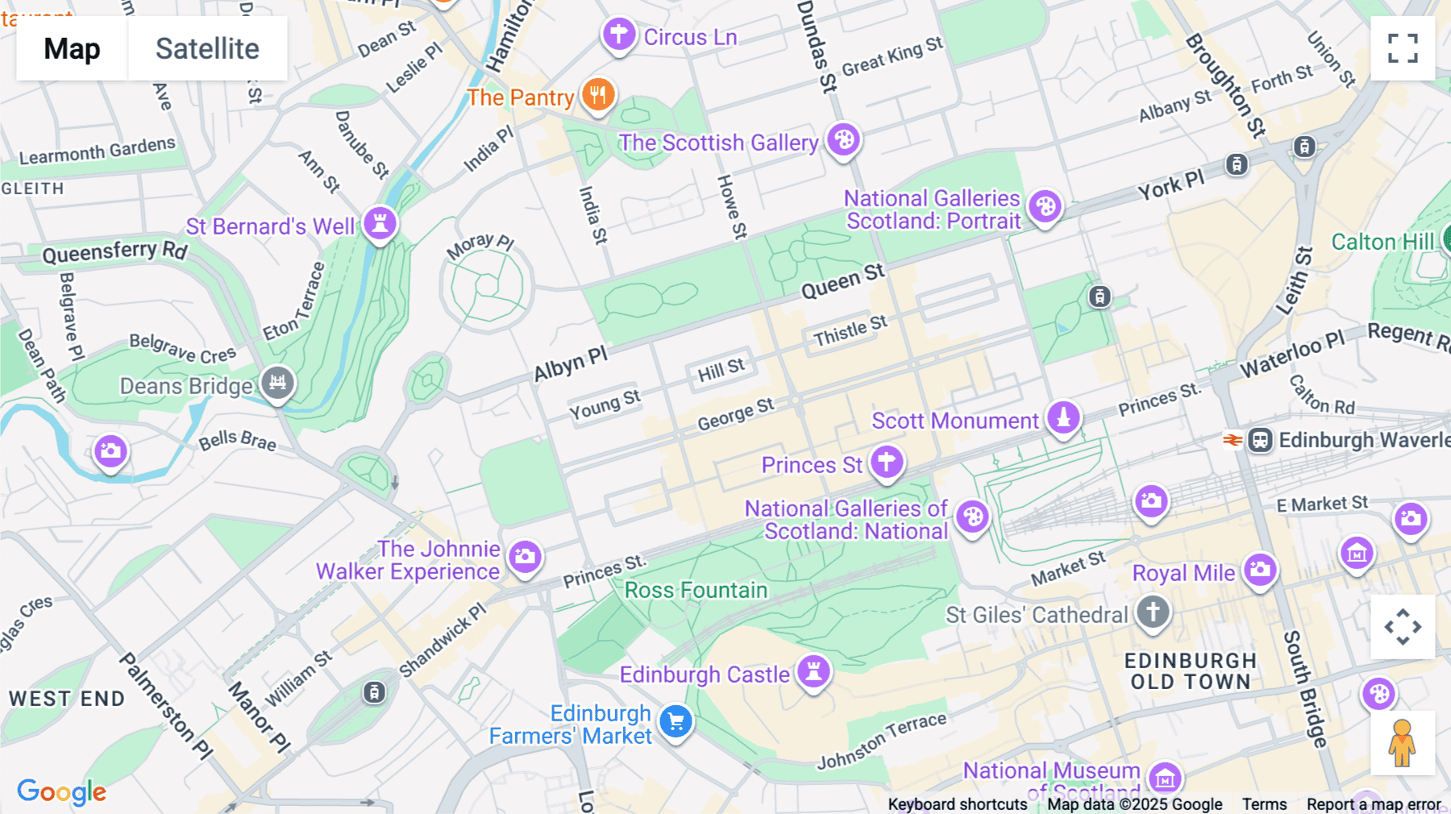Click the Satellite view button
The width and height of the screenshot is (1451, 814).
(207, 48)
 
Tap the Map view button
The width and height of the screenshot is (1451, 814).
(72, 48)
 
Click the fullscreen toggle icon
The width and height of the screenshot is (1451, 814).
(1403, 48)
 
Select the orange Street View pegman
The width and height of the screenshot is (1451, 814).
(1402, 743)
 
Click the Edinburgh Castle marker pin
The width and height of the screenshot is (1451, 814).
(813, 671)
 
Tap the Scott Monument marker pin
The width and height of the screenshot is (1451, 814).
(1063, 417)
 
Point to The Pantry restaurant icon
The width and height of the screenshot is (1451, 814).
(597, 95)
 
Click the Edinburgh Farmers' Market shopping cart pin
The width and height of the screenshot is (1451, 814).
(676, 721)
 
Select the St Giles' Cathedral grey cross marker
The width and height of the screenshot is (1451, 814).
(1153, 612)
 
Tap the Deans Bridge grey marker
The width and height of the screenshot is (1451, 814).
(277, 383)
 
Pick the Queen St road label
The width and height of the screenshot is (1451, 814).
(842, 282)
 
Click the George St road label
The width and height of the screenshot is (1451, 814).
(735, 414)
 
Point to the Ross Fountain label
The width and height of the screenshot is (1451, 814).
(696, 590)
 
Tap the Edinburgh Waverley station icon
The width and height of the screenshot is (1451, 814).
(1260, 440)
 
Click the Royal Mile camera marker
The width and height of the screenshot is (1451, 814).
(1260, 570)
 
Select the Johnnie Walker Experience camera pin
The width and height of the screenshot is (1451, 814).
(525, 556)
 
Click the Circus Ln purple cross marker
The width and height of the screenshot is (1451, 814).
(619, 35)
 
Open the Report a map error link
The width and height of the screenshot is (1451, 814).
(1374, 804)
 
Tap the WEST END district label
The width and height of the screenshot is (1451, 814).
(67, 699)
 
